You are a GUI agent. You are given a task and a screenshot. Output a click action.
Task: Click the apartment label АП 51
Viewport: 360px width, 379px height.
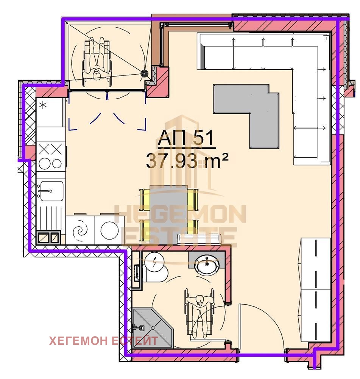[186, 138]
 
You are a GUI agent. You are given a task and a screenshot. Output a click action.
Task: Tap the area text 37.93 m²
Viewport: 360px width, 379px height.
[187, 161]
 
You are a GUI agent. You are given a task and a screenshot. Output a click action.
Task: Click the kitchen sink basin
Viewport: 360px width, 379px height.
[51, 191]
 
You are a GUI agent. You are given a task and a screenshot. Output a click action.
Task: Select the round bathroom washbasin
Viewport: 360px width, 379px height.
[207, 265]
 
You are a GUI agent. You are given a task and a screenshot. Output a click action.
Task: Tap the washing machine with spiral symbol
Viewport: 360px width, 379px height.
[80, 230]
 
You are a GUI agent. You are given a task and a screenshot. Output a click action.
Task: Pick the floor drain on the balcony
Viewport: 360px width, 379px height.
[145, 73]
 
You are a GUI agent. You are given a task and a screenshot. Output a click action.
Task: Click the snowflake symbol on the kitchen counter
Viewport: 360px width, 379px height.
[43, 105]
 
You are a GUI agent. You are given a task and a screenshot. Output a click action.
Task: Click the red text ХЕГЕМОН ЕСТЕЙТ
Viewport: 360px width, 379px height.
[104, 341]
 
